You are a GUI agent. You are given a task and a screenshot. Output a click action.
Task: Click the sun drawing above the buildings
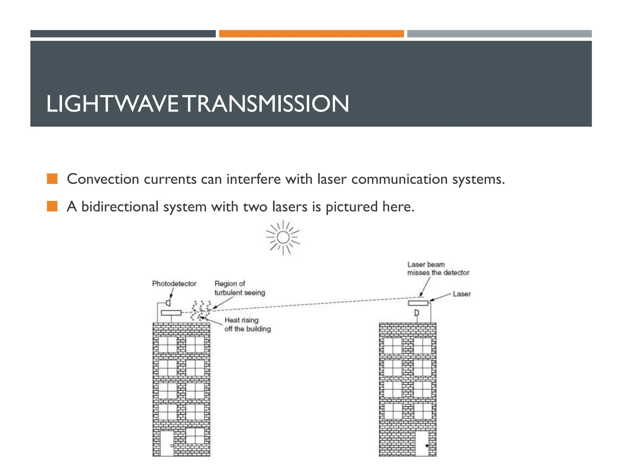(283, 237)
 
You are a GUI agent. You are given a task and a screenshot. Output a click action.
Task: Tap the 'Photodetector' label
(174, 284)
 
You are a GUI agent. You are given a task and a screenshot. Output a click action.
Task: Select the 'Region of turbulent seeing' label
(240, 288)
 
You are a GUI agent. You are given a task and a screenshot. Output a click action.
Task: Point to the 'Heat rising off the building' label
(247, 324)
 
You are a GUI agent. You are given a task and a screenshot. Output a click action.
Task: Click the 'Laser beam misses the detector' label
(438, 269)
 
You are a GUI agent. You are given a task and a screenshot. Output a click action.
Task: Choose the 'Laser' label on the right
(461, 294)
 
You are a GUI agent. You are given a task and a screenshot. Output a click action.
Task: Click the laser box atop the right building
(418, 303)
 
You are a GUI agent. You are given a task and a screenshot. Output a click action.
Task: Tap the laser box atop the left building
(171, 313)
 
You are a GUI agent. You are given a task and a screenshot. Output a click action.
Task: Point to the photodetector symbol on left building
(168, 303)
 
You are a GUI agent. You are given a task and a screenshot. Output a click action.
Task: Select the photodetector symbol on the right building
(417, 313)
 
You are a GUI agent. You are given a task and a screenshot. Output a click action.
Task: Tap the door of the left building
(167, 443)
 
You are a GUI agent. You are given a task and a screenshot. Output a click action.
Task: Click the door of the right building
(422, 443)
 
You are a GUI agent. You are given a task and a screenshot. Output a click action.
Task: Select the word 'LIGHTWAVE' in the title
(112, 104)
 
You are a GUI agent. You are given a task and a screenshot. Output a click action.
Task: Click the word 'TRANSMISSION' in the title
(267, 104)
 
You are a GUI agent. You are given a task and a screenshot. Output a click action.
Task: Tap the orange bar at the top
(311, 34)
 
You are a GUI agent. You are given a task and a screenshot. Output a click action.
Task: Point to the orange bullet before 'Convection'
(52, 179)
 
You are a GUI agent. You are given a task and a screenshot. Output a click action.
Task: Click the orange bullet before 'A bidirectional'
(52, 206)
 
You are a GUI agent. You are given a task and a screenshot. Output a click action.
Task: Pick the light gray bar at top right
(499, 34)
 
